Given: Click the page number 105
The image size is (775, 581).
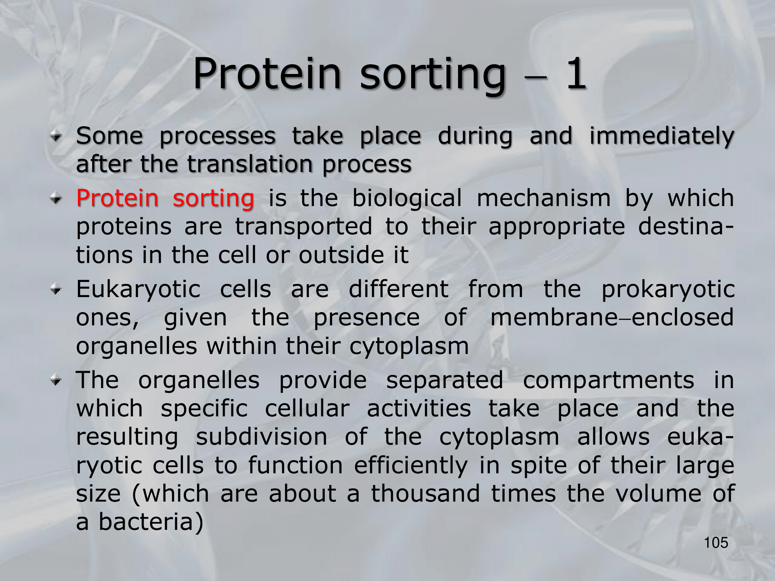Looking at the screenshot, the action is pyautogui.click(x=716, y=543).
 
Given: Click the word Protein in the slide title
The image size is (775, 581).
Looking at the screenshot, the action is pyautogui.click(x=267, y=74).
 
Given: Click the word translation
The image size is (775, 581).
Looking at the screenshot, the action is pyautogui.click(x=250, y=164).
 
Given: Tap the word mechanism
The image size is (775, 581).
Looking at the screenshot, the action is pyautogui.click(x=544, y=198).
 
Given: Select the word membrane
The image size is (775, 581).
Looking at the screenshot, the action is pyautogui.click(x=554, y=318).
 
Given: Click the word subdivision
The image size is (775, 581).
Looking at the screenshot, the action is pyautogui.click(x=262, y=437).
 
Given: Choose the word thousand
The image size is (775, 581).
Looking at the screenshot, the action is pyautogui.click(x=425, y=493).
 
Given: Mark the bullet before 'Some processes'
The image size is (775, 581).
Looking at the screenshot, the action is pyautogui.click(x=56, y=136).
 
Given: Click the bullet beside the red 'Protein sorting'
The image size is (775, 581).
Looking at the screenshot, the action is pyautogui.click(x=56, y=199).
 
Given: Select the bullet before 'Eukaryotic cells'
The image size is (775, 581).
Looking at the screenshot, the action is pyautogui.click(x=56, y=290).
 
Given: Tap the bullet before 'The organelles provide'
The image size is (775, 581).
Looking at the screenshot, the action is pyautogui.click(x=56, y=380).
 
